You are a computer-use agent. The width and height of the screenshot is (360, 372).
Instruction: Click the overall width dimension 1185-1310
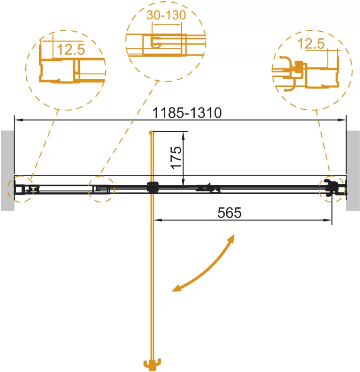(188, 112)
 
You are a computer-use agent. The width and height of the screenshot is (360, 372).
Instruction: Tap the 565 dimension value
(230, 212)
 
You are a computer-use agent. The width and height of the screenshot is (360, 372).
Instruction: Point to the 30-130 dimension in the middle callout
(166, 16)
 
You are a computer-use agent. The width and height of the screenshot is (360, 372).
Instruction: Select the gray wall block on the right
(353, 170)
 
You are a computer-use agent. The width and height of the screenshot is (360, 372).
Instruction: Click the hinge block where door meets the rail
(153, 187)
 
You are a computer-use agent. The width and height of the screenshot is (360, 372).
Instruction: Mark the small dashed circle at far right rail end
(333, 189)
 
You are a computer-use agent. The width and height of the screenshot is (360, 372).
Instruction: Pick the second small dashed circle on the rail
(101, 189)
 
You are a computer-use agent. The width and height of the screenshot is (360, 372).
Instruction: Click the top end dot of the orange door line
(150, 132)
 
